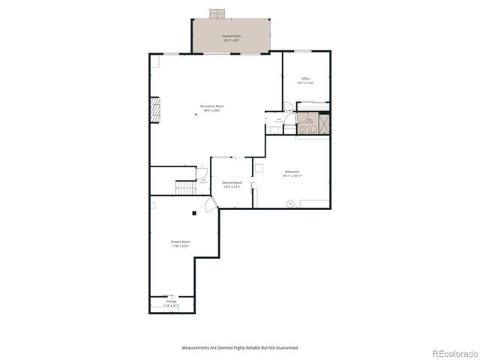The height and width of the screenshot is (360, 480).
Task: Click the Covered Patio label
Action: (x=231, y=37)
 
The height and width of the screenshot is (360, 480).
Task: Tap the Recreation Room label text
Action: (x=211, y=108)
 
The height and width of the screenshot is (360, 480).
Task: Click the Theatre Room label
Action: (x=181, y=244)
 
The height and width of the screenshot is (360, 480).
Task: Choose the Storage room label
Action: (x=172, y=303)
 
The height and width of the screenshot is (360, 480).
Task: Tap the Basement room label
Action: (x=292, y=173)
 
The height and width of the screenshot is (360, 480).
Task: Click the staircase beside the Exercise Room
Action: (x=184, y=187)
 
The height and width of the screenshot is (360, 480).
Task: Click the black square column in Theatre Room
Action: (x=193, y=214)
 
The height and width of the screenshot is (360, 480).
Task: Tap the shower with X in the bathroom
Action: (x=324, y=122)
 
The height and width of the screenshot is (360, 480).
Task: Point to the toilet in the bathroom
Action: (x=304, y=130)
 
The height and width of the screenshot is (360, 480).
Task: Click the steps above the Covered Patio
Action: (x=217, y=13)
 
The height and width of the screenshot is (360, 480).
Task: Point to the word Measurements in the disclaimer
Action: (x=196, y=348)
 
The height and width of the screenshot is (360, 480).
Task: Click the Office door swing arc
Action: (x=287, y=106)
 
